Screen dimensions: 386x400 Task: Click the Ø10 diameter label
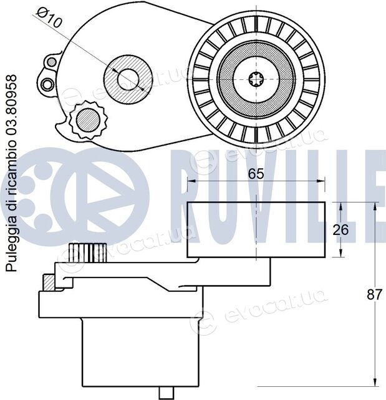49,17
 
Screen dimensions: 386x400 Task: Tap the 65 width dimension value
256,174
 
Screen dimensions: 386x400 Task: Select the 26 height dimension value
340,230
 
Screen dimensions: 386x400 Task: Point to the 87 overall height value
374,295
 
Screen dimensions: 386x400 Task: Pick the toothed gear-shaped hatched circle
88,120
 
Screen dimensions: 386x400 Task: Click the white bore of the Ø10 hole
128,79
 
